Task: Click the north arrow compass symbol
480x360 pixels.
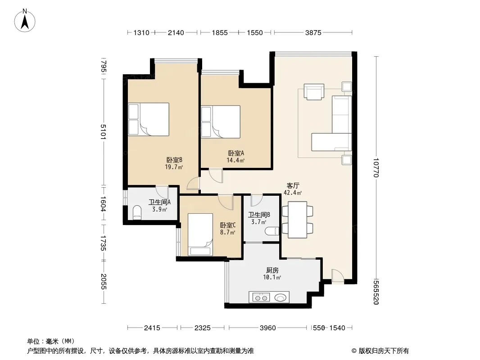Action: coord(25,21)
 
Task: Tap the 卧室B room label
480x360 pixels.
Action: coord(174,160)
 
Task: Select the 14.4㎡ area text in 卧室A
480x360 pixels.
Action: coord(235,160)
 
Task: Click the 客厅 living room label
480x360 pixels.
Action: coord(293,185)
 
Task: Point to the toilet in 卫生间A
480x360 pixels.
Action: coord(137,212)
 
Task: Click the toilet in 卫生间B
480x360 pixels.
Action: coord(272,231)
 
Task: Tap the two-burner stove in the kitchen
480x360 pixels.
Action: coord(261,297)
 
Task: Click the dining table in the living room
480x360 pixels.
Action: coord(297,220)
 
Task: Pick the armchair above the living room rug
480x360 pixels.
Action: coord(314,92)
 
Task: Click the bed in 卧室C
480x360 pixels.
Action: coord(200,234)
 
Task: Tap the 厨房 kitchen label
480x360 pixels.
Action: coord(272,270)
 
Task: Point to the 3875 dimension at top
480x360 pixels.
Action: coord(313,32)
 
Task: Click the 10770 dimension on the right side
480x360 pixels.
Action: coord(376,167)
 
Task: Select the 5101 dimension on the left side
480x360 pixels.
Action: coord(103,131)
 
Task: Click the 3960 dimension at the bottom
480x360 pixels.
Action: coord(268,328)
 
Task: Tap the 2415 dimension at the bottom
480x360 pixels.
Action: coord(152,328)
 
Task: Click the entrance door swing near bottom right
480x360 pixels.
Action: coord(337,275)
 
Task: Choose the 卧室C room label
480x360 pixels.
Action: coord(228,225)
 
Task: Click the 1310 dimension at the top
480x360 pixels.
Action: coord(141,32)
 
